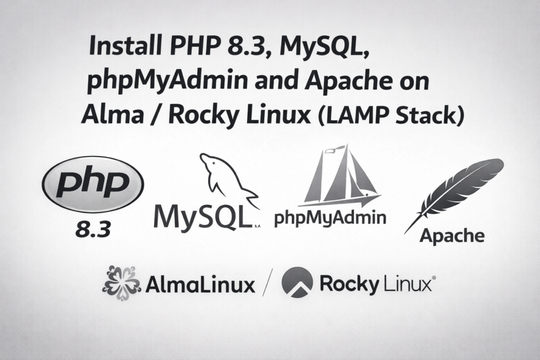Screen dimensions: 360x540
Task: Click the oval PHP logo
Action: click(93, 184)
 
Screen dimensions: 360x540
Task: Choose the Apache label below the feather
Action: click(452, 235)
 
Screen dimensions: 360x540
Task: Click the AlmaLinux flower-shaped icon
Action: click(121, 283)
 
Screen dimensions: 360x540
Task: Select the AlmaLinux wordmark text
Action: click(200, 285)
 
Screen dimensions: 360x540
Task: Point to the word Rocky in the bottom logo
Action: click(349, 285)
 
